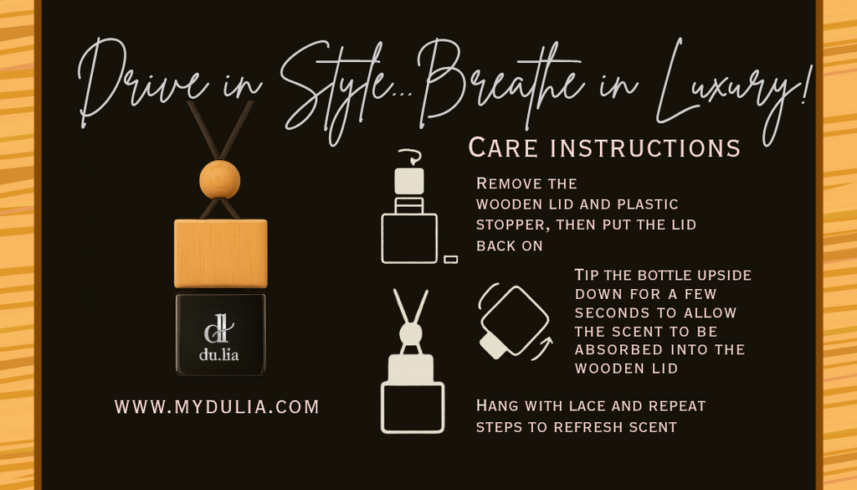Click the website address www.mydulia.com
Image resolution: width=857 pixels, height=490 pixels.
pos(217,407)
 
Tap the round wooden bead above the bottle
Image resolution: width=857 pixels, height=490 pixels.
pos(220,179)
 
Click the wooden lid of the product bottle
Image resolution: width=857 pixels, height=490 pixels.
pos(221,253)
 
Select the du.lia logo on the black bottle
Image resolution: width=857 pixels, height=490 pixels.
pos(219,338)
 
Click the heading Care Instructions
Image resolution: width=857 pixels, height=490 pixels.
pos(604,147)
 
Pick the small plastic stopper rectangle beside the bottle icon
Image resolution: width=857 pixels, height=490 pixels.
pos(450,259)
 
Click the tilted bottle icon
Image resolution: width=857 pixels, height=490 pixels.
pos(515,322)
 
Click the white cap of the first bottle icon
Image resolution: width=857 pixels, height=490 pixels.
pos(408,181)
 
